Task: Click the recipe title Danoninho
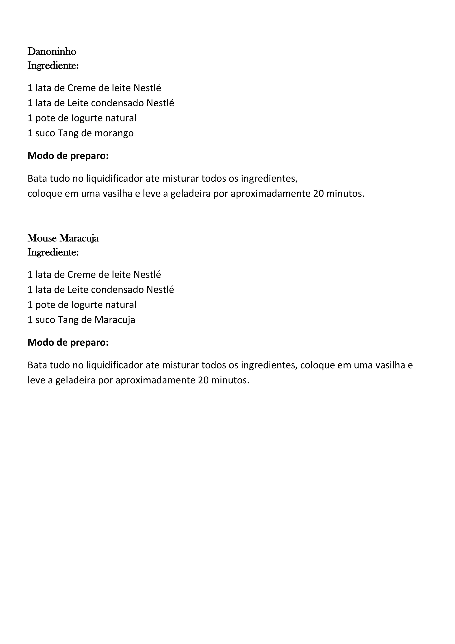click(52, 52)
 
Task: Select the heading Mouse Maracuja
click(63, 238)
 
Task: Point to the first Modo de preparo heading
click(68, 156)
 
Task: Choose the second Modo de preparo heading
click(68, 342)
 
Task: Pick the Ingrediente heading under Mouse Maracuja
click(53, 252)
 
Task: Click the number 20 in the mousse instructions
click(203, 380)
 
